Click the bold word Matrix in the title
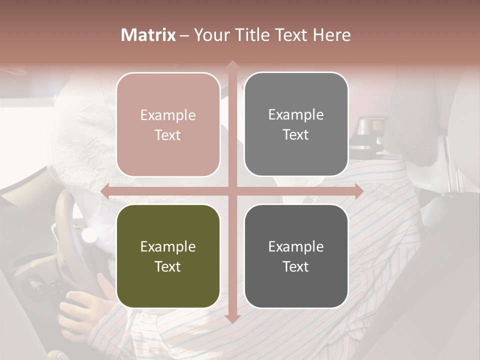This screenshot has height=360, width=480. point(148,35)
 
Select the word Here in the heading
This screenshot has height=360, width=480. point(331,35)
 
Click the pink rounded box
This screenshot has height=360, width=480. point(168,124)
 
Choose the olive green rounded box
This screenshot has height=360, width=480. point(168,256)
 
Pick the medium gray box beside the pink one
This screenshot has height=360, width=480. point(296,124)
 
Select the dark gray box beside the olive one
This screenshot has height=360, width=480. point(296,256)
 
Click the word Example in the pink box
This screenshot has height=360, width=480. point(168,115)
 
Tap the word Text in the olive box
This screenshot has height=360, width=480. point(168,266)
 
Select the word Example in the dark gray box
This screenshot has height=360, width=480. point(296,246)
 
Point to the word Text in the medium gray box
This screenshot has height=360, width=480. point(296,135)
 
